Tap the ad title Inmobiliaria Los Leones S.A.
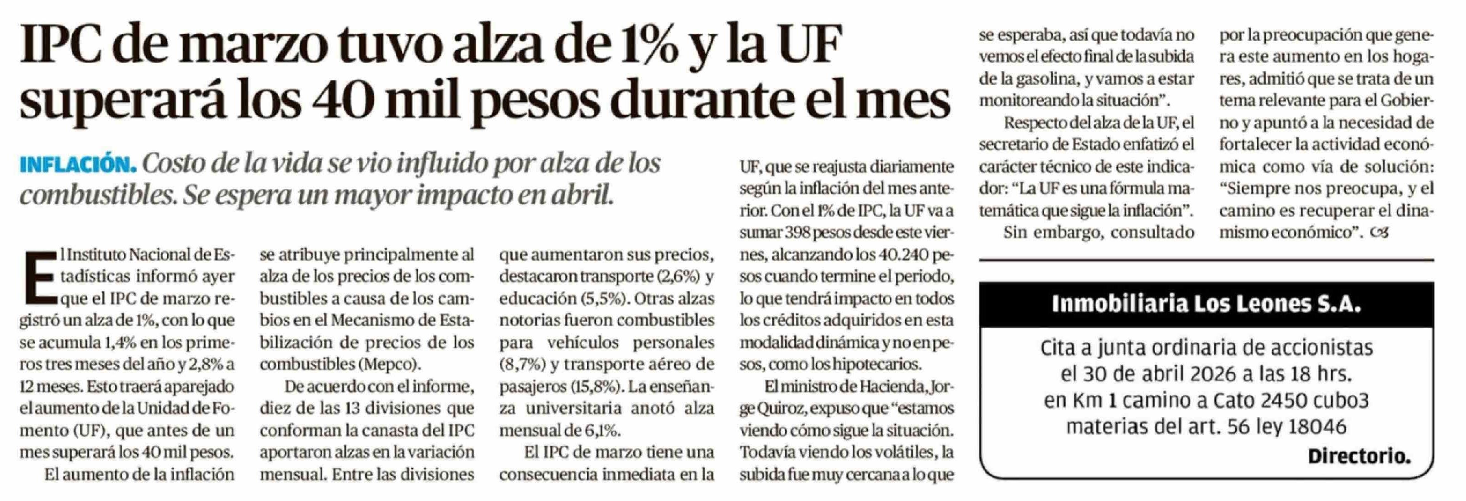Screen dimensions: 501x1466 1206,304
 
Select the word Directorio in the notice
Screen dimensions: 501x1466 1358,456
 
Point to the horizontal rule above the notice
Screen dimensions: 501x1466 1206,260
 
